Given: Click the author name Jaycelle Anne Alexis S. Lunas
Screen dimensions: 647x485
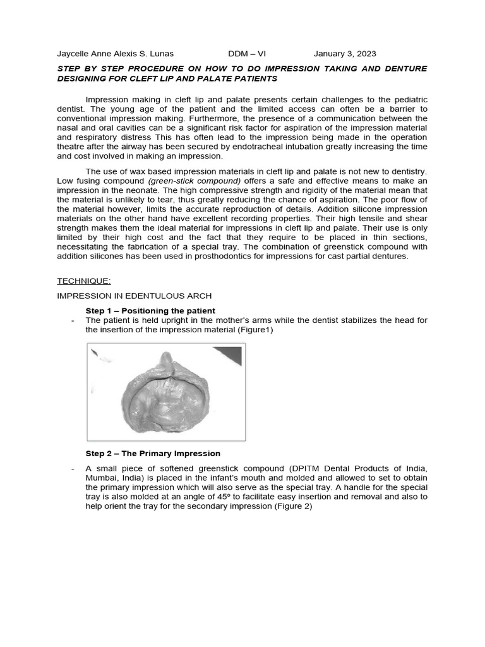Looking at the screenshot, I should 115,54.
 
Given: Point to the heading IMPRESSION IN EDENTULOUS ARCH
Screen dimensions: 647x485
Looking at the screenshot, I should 135,295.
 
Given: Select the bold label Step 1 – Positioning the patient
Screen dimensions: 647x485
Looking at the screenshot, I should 150,310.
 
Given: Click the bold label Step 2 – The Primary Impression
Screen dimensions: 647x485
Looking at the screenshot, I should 153,453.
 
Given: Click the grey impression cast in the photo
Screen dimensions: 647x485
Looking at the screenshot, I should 165,398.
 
